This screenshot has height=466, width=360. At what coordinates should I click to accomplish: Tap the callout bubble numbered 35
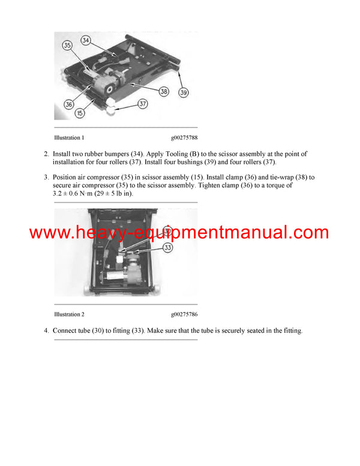pyautogui.click(x=67, y=45)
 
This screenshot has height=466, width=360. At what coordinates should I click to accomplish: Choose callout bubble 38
pyautogui.click(x=163, y=92)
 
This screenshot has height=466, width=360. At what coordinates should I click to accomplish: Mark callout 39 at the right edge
pyautogui.click(x=184, y=92)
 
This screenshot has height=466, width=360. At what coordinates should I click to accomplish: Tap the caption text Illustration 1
pyautogui.click(x=69, y=138)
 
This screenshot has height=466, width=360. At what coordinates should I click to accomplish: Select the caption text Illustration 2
pyautogui.click(x=69, y=314)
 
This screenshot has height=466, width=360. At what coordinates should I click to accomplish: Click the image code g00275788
pyautogui.click(x=184, y=138)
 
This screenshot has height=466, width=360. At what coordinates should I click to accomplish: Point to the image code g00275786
pyautogui.click(x=184, y=314)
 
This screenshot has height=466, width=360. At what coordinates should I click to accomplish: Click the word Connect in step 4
pyautogui.click(x=65, y=331)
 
